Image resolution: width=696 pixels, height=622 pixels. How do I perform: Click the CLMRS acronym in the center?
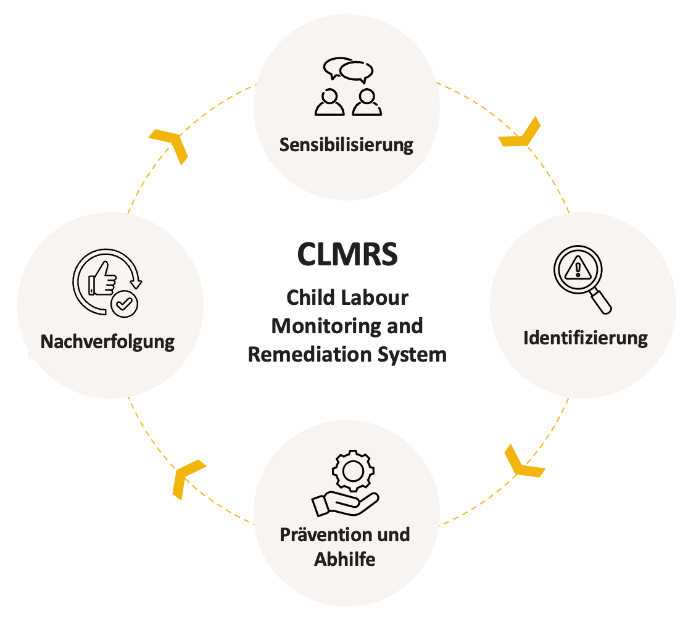(347, 254)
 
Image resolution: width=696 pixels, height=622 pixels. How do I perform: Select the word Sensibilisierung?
(346, 146)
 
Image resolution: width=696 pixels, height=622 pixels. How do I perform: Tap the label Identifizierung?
(586, 338)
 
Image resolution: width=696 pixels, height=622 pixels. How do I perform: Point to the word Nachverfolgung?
(107, 342)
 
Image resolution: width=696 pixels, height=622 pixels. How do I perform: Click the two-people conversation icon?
(347, 87)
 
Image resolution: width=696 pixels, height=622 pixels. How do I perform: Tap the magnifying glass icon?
(582, 280)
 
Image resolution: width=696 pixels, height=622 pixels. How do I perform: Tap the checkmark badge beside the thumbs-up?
(125, 303)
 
